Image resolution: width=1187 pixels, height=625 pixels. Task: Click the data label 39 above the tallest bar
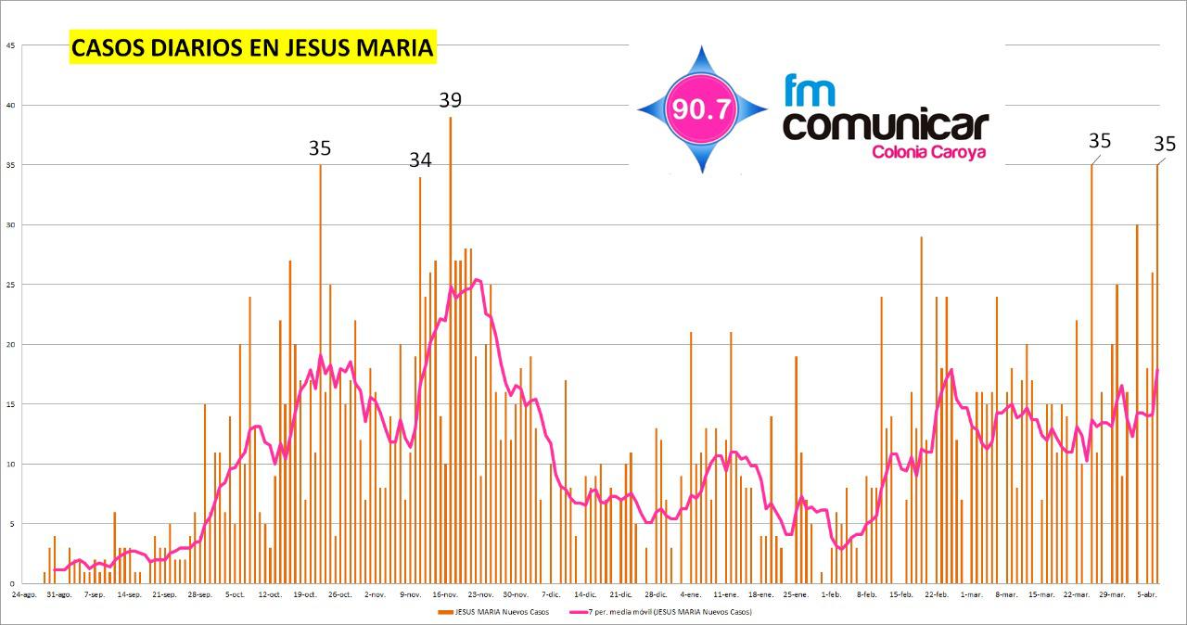coord(450,100)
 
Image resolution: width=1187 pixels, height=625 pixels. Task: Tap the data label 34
coord(420,160)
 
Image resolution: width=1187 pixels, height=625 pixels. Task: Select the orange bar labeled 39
coord(451,352)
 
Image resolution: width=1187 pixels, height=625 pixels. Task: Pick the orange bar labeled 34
coord(420,380)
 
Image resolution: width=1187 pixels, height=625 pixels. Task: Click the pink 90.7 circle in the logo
coord(702,109)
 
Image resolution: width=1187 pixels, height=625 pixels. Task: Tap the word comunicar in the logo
coord(886,125)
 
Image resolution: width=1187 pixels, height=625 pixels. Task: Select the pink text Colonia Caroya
coord(928,152)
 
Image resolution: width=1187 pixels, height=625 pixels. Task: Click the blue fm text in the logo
coord(809,91)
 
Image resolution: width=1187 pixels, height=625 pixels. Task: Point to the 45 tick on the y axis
coord(9,45)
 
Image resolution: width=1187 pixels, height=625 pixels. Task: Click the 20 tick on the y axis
coord(9,345)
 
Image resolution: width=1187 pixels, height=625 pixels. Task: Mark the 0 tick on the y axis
coord(11,584)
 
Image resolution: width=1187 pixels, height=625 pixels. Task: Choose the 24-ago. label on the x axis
coord(24,593)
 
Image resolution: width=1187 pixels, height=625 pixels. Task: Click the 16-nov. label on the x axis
coord(446,593)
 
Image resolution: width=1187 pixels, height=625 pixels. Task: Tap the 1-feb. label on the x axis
coord(830,593)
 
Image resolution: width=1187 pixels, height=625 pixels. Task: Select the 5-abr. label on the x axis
coord(1146,593)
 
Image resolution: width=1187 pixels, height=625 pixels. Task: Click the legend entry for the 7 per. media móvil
coord(659,612)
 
